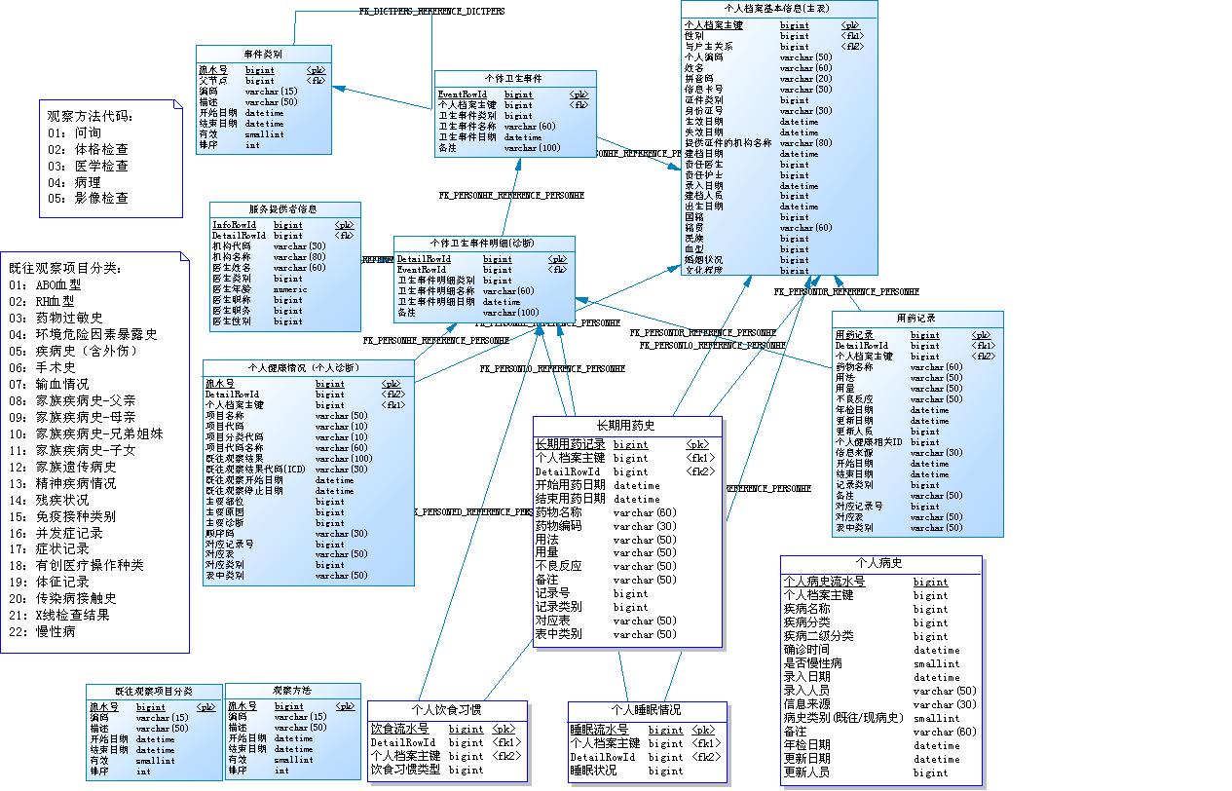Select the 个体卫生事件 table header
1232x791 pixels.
click(513, 78)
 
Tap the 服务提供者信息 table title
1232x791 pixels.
click(283, 209)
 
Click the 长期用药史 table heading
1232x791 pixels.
click(626, 426)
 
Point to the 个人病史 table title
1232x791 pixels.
click(878, 563)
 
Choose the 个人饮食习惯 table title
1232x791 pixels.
click(446, 709)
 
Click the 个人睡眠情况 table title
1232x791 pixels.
click(646, 709)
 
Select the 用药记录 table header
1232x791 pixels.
click(915, 319)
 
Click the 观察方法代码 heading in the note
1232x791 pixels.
click(90, 116)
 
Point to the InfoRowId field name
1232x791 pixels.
click(234, 225)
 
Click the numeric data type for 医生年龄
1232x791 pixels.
click(290, 289)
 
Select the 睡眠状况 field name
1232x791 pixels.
click(594, 771)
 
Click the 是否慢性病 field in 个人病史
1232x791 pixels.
click(813, 663)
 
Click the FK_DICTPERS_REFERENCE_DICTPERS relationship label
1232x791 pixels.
click(431, 11)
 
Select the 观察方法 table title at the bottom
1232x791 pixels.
click(292, 691)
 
